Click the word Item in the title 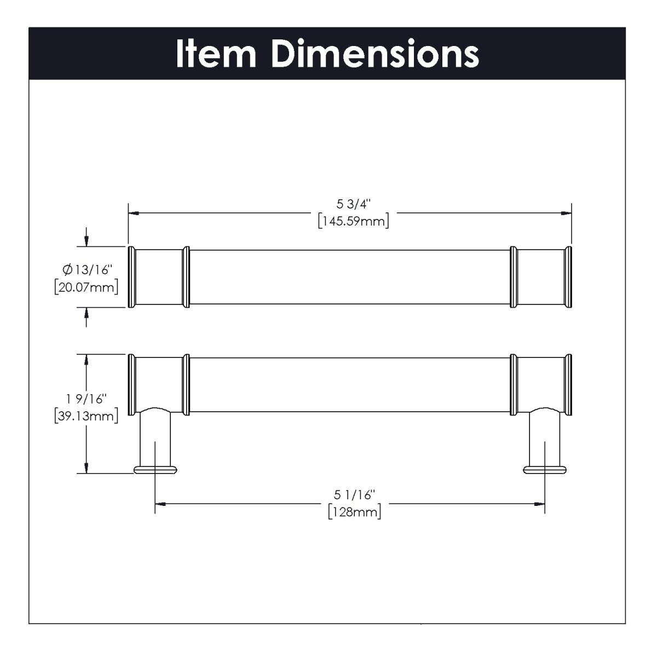216,54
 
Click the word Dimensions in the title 375,54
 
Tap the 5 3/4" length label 354,205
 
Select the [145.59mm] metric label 354,221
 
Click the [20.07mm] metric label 87,287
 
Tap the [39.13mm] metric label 87,416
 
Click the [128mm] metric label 354,512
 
